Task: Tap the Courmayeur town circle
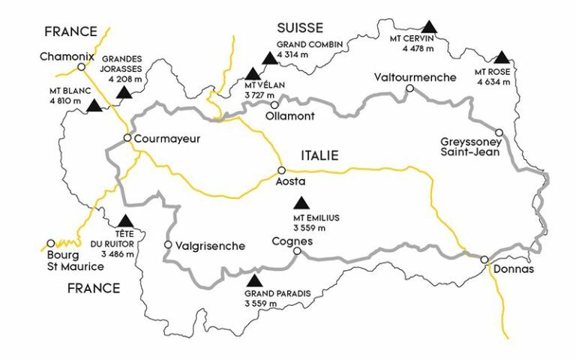coord(127,138)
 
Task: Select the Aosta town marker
coord(282,170)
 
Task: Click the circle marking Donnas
coord(484,259)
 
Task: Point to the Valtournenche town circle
coord(409,88)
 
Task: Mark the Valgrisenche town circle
coord(168,244)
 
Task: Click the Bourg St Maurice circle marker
coord(51,243)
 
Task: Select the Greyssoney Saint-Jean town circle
coord(499,132)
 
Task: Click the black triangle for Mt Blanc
coord(94,106)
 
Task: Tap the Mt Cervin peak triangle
coord(428,27)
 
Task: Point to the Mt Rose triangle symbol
coord(501,57)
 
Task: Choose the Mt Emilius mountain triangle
coord(302,202)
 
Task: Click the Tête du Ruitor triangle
coord(126,220)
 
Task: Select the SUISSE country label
coord(299,28)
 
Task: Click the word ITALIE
coord(319,155)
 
